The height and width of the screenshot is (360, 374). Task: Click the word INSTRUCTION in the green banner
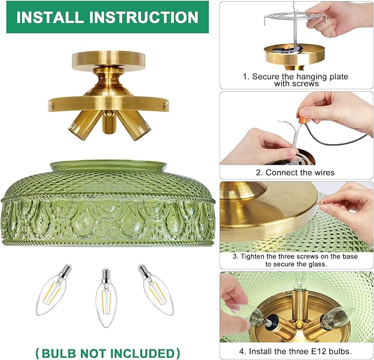click(x=144, y=17)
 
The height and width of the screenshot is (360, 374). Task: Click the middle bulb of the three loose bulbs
click(x=106, y=298)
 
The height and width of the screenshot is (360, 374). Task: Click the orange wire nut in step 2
click(x=303, y=119)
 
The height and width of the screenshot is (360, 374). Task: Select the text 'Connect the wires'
click(x=300, y=172)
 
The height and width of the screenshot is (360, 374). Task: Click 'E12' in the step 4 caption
click(x=319, y=351)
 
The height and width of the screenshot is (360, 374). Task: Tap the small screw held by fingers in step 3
click(x=321, y=203)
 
